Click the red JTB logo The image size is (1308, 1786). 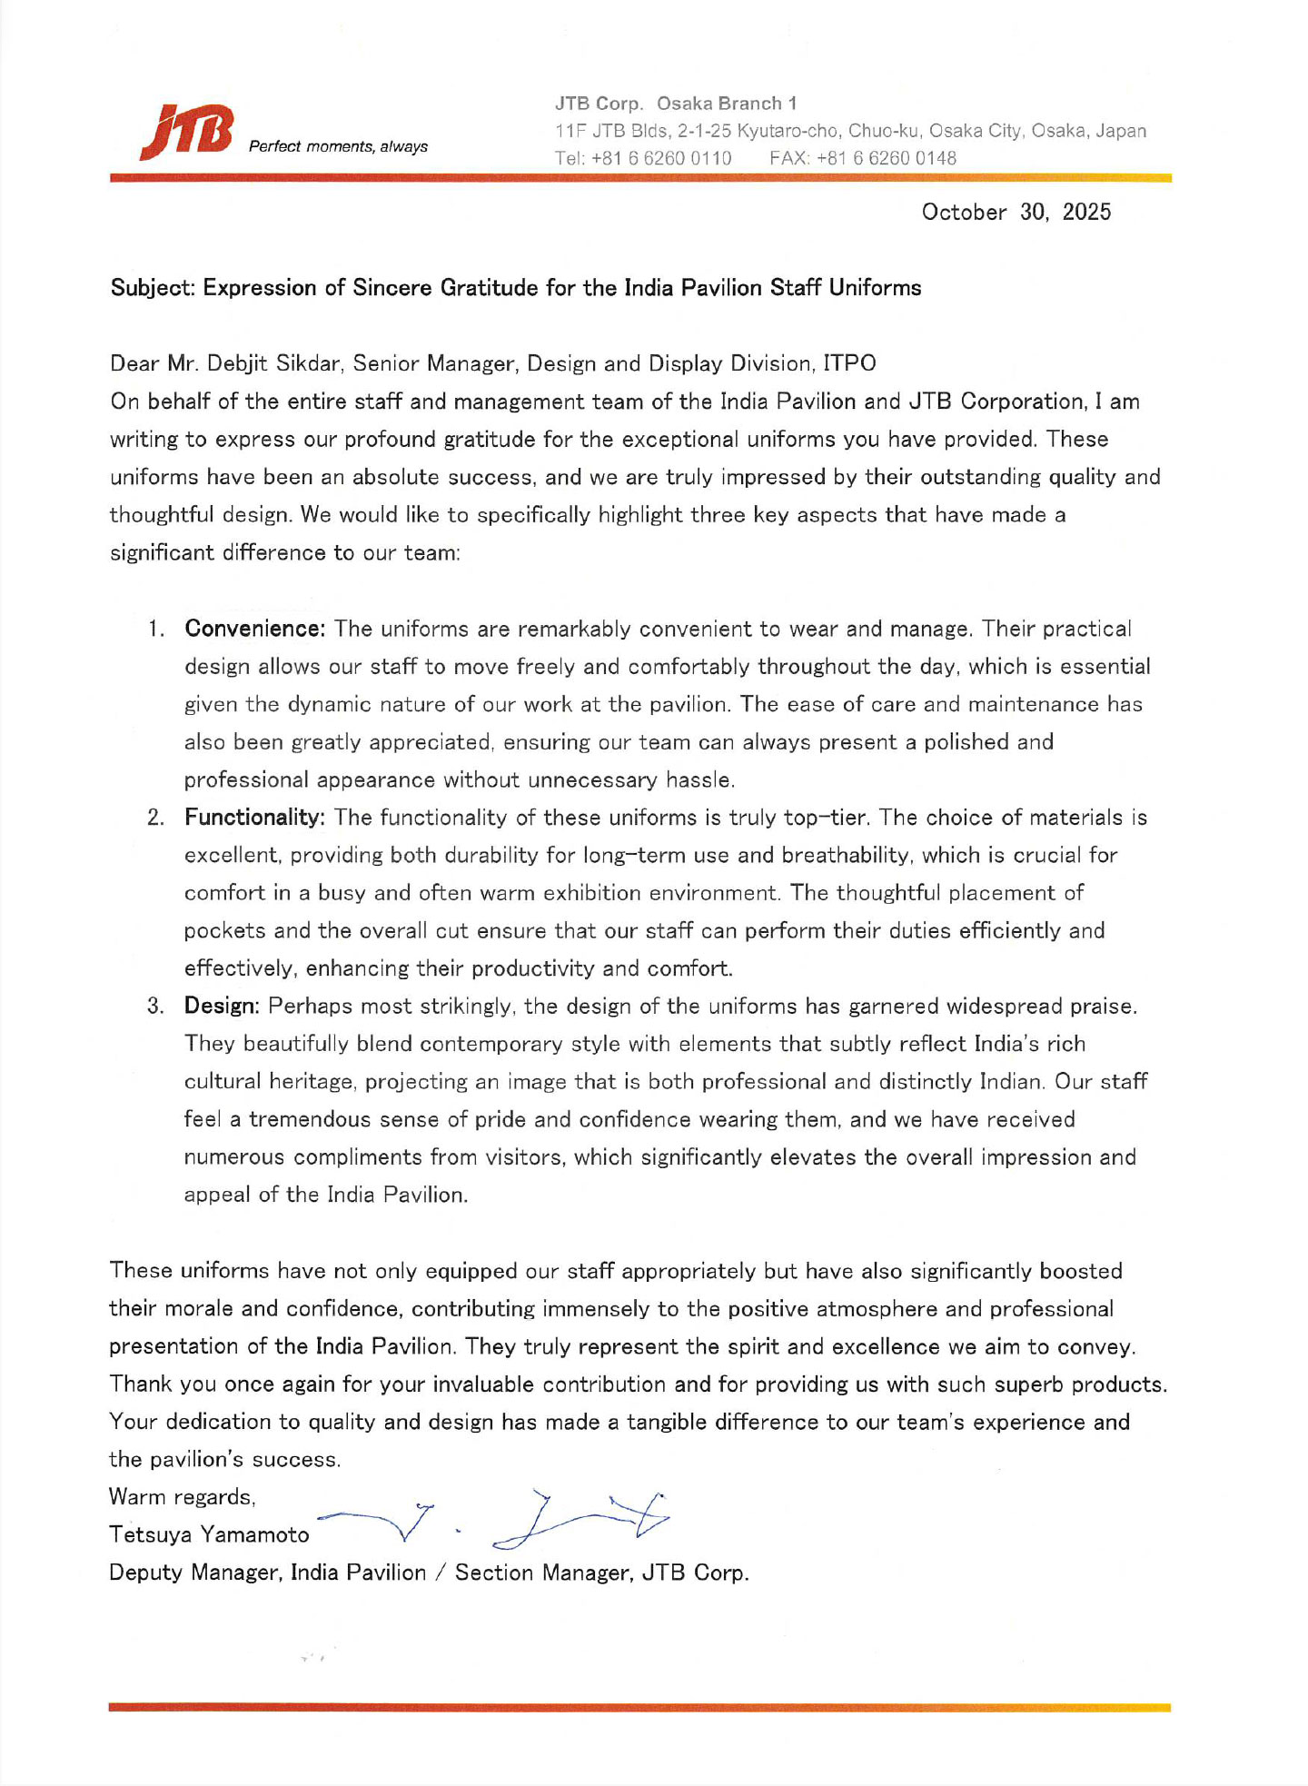coord(187,133)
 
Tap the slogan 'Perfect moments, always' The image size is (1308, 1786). coord(338,146)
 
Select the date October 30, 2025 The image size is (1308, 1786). coord(1016,212)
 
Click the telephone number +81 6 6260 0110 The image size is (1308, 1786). coord(661,158)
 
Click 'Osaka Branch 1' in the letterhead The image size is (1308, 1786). coord(727,104)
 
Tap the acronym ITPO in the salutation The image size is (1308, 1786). coord(849,363)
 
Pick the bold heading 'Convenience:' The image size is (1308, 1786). coord(254,629)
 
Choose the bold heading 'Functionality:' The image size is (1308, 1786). coord(254,818)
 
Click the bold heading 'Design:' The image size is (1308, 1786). coord(223,1006)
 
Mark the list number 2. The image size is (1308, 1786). coord(155,818)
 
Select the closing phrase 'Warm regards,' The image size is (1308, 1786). coord(182,1496)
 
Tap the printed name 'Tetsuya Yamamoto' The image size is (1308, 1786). coord(209,1534)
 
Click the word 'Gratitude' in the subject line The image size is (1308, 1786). coord(490,288)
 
